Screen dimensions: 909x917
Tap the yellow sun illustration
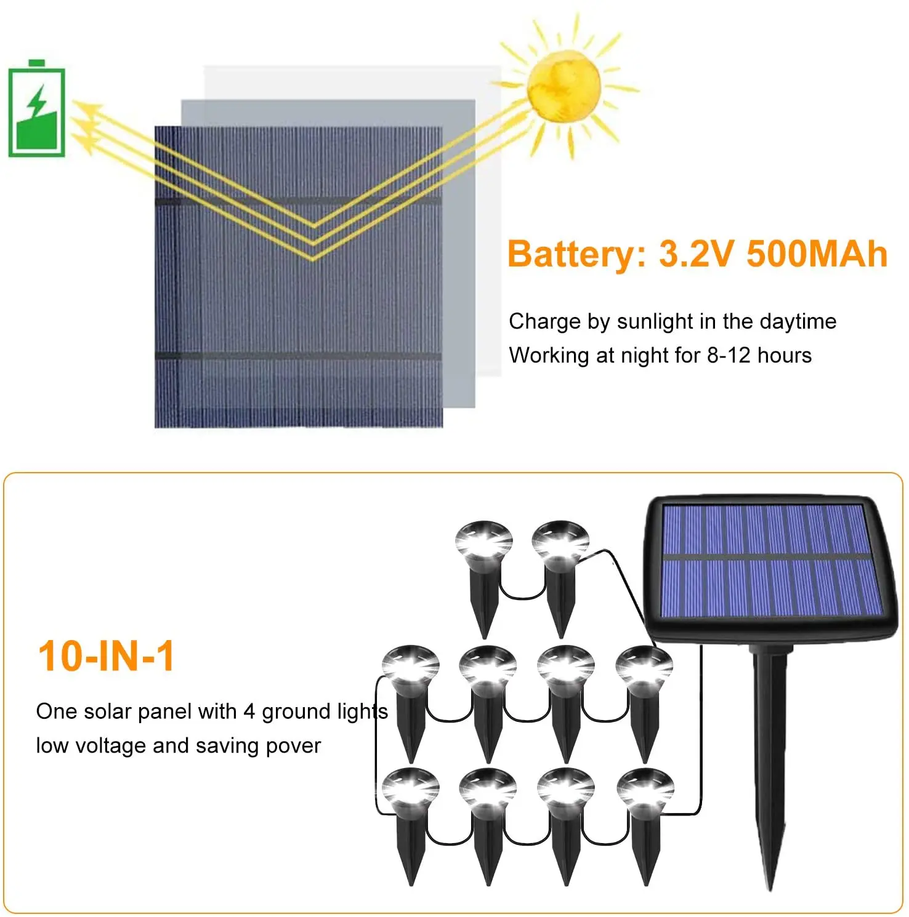tap(564, 86)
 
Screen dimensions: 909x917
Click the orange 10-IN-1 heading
tap(107, 656)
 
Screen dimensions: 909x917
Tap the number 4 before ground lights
tap(249, 711)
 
